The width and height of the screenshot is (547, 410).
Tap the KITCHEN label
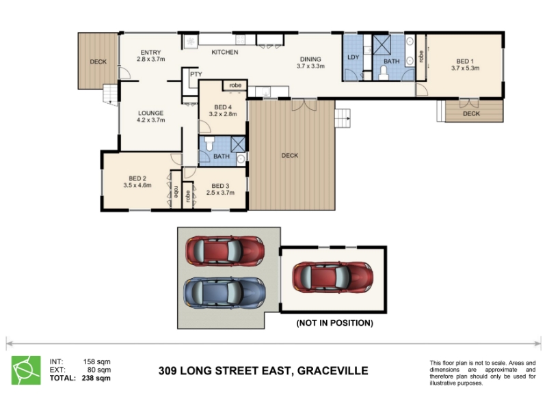tap(225, 53)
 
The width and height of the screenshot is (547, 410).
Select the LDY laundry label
tap(353, 57)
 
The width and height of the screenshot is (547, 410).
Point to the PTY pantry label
tap(196, 74)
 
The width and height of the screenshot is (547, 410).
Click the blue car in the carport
tap(225, 292)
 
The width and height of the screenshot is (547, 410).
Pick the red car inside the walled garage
tap(332, 277)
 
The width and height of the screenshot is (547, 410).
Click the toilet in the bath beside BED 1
tap(384, 72)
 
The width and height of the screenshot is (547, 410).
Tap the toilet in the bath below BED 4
tap(209, 143)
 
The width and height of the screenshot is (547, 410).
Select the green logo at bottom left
tap(26, 370)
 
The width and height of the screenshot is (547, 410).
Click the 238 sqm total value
tap(96, 378)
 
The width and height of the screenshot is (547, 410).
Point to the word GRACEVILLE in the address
tap(332, 370)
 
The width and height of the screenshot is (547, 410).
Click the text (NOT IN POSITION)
tap(334, 323)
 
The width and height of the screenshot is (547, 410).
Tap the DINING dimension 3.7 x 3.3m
tap(310, 66)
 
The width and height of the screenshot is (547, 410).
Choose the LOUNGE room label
tap(150, 113)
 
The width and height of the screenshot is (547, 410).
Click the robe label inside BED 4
tap(235, 85)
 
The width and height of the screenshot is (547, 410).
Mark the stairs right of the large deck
tap(343, 118)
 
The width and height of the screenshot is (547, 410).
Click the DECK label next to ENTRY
tap(98, 61)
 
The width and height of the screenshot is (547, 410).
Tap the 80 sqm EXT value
tap(99, 370)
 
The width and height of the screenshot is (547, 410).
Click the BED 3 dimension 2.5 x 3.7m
tap(220, 193)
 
